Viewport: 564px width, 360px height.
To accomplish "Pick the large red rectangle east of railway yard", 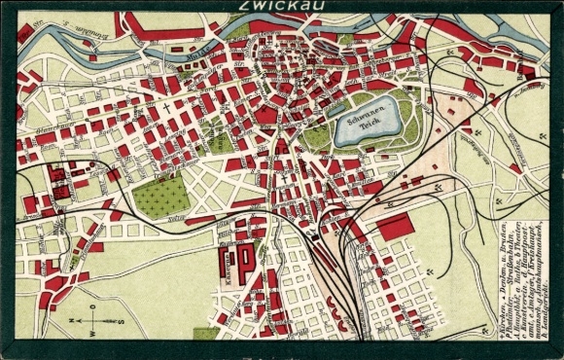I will pyautogui.click(x=394, y=226).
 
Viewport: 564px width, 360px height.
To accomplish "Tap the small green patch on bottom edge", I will pyautogui.click(x=205, y=334).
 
